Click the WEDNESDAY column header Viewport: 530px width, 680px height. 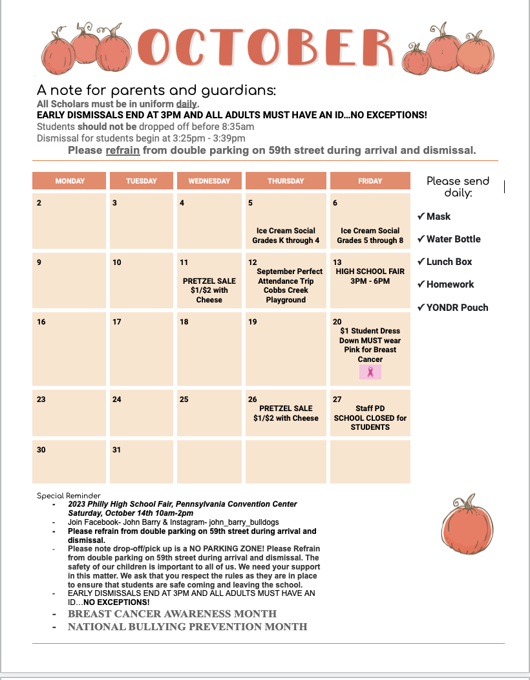209,181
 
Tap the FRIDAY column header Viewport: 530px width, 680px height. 370,181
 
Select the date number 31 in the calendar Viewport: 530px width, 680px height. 116,450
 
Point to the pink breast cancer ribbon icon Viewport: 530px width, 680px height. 370,372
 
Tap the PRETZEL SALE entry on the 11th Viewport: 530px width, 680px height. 209,290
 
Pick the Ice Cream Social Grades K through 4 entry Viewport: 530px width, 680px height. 286,235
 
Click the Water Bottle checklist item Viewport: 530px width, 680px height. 453,239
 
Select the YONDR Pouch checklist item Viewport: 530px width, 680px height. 457,308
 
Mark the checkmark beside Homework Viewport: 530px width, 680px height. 421,284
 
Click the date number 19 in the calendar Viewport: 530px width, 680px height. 253,322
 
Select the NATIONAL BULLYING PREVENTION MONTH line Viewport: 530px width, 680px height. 187,626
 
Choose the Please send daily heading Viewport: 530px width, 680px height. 458,187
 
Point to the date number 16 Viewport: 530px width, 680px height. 41,322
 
